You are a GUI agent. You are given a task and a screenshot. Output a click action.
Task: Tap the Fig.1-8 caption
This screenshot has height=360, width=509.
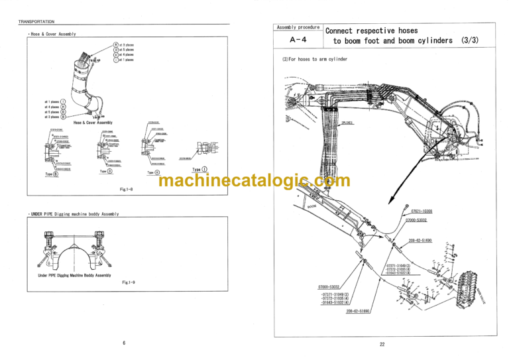click(127, 190)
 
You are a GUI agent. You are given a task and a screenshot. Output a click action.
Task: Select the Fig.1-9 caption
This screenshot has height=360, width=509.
click(129, 282)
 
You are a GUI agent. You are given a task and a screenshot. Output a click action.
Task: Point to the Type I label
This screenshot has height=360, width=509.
click(200, 169)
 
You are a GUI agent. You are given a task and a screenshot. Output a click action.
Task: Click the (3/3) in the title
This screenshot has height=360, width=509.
click(470, 40)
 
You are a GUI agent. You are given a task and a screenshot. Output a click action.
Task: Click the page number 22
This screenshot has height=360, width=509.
click(382, 343)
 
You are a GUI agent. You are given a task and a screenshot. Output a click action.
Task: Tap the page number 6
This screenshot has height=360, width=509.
click(123, 343)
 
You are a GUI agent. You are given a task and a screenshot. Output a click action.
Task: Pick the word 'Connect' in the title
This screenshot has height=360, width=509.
click(342, 30)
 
